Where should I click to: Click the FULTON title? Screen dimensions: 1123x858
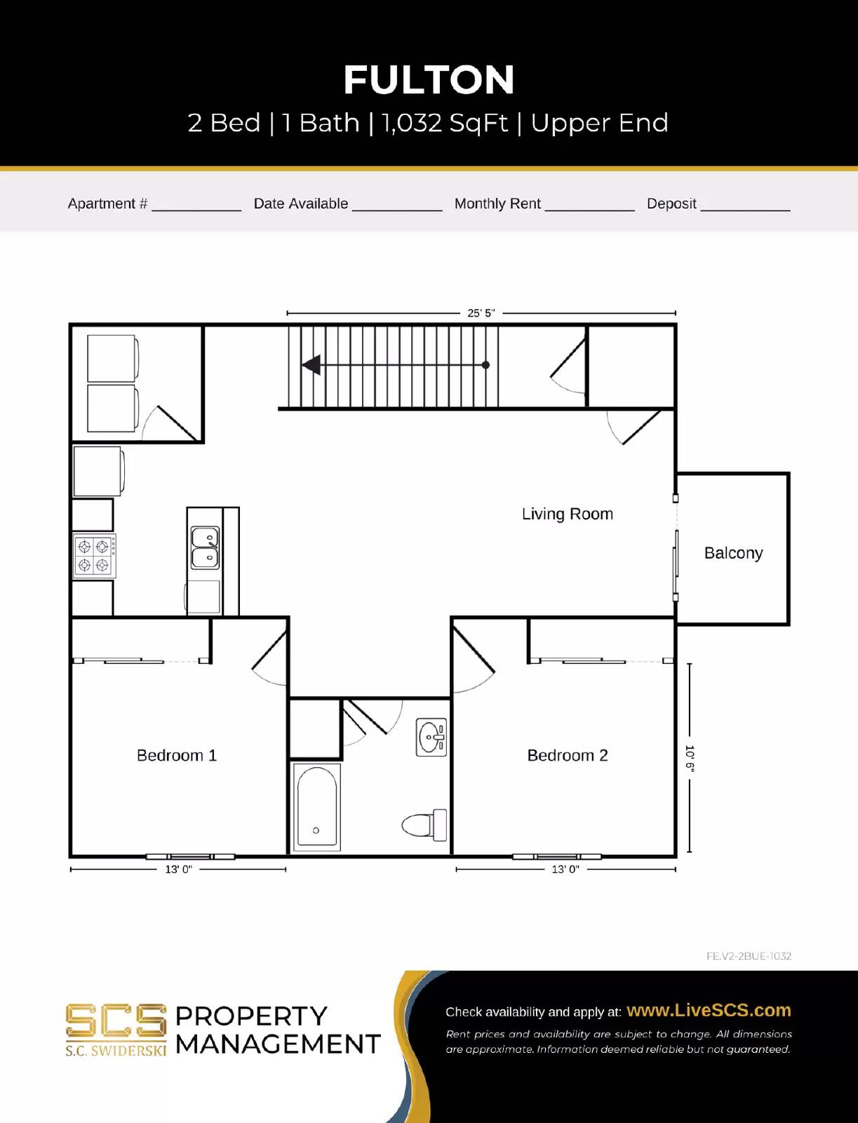click(x=429, y=80)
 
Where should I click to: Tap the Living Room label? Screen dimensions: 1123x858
click(x=567, y=514)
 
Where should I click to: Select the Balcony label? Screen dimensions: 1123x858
click(x=733, y=553)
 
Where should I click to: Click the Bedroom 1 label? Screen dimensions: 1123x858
click(x=177, y=755)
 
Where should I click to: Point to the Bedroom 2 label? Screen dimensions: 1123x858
click(x=567, y=755)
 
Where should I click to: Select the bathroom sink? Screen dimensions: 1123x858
click(x=431, y=737)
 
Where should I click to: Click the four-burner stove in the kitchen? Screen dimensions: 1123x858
click(x=94, y=556)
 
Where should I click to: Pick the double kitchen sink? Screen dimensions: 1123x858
click(x=205, y=548)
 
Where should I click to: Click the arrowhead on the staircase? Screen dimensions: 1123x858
click(x=311, y=365)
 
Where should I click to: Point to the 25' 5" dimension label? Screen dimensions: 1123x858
click(x=481, y=313)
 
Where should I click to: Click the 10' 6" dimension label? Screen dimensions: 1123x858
click(x=689, y=759)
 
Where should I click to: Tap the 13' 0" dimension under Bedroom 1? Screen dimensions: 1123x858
click(x=178, y=870)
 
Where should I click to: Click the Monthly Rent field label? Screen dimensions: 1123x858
click(x=497, y=204)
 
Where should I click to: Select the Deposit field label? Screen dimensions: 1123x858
click(x=671, y=204)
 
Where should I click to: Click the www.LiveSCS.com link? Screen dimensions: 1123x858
click(x=709, y=1010)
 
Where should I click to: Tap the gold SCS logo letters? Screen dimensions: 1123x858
click(x=116, y=1021)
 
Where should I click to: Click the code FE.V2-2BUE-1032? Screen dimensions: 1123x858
click(x=749, y=956)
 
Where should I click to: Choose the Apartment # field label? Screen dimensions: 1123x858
click(x=107, y=204)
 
